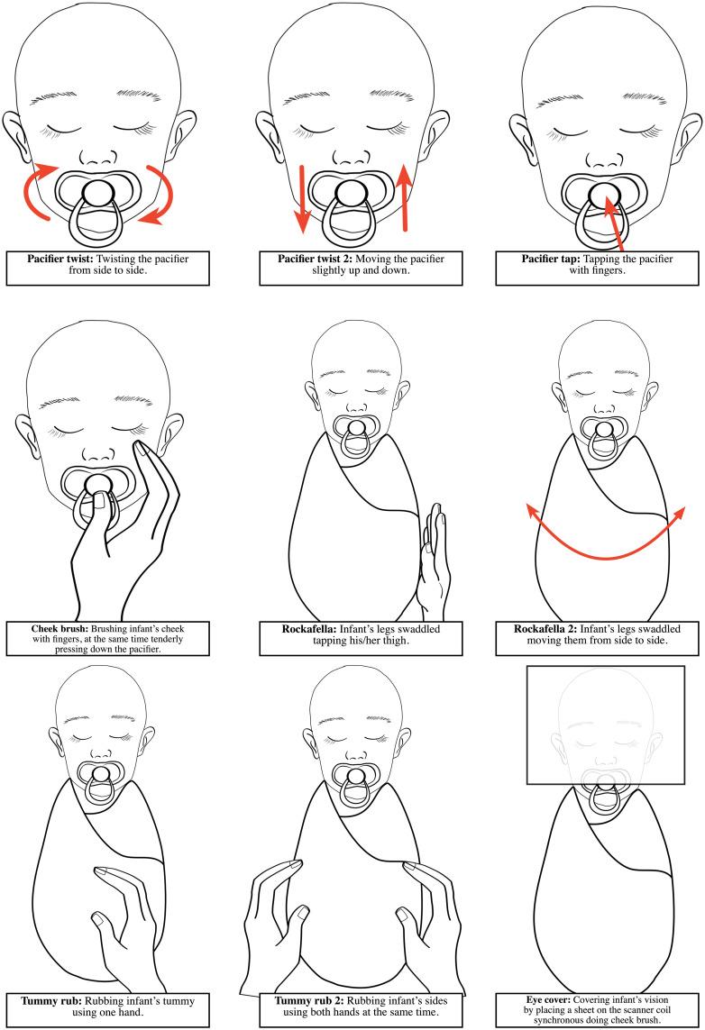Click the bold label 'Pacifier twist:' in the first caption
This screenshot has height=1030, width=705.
tap(60, 259)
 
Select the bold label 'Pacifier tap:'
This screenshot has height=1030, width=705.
tap(551, 259)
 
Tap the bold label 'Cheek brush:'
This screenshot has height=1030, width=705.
tap(60, 629)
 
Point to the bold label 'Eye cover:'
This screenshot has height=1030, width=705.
tap(548, 999)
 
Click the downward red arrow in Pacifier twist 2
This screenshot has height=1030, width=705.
tap(302, 199)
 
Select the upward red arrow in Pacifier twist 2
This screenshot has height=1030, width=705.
tap(405, 197)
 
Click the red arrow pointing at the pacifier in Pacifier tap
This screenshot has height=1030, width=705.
tap(613, 221)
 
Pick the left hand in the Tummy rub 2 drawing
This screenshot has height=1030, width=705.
tap(272, 926)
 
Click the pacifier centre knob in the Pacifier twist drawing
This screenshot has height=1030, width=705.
tap(99, 193)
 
